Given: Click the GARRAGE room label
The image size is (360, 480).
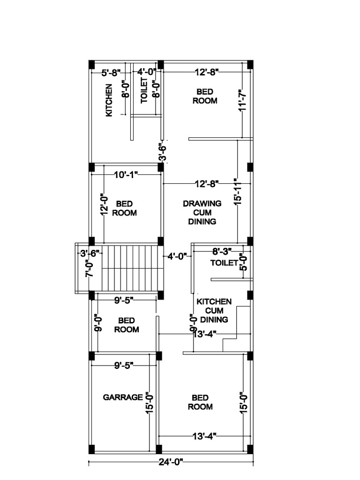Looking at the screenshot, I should pos(123,397).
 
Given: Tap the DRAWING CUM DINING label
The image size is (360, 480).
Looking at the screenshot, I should pos(202,212).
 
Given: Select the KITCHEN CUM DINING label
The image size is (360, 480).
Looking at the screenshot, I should pos(214,310).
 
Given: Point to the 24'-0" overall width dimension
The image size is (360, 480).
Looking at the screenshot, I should pos(171,462).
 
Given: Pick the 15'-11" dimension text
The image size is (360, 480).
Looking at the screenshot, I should pos(238,191).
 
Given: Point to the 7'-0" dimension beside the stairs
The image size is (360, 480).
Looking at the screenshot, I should pos(89,269).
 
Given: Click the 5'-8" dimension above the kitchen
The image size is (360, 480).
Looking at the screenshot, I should pos(111,72).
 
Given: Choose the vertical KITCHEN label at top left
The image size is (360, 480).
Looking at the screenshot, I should pos(109,100).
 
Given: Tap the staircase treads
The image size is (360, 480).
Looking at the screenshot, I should pos(132,268).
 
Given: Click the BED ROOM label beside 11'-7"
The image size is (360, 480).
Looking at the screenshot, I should pos(205,96).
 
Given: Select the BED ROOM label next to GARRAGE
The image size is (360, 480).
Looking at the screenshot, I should pos(200,402).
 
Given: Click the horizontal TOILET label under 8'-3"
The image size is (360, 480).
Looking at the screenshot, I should pos(224,263).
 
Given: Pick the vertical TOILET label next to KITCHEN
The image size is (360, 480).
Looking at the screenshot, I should pos(144,90).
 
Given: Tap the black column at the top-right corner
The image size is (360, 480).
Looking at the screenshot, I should pos(250,64).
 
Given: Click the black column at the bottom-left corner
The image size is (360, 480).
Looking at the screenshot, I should pos(92,449).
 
